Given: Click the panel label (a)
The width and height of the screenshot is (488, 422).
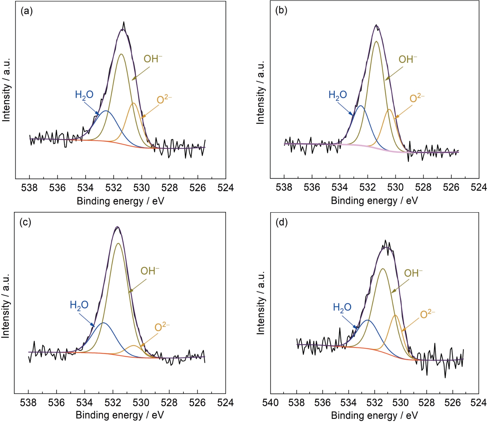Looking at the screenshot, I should (26, 11).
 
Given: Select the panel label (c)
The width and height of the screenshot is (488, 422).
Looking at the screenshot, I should (25, 222).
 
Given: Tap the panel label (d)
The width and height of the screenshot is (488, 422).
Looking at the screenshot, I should (281, 222).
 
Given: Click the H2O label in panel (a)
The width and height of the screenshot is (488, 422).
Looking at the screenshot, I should (84, 95).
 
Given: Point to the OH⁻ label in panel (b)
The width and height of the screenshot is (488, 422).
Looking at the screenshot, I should (408, 59).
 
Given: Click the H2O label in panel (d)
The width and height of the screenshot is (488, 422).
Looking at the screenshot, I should (342, 307).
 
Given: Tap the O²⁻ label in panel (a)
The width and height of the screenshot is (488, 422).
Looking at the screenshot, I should (164, 99).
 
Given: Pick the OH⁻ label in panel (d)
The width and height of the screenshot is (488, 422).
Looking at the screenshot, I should (413, 273).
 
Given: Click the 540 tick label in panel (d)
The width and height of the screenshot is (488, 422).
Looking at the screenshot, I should (270, 403).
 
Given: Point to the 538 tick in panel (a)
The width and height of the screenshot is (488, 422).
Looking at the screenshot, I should (30, 188).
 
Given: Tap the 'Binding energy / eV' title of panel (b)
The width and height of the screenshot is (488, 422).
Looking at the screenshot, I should (374, 201).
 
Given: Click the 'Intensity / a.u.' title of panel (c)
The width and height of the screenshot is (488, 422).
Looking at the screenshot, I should (6, 305).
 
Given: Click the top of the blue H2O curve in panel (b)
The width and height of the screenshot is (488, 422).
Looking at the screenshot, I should (360, 106).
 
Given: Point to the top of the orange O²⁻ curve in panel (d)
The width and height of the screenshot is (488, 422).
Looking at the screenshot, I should (395, 315).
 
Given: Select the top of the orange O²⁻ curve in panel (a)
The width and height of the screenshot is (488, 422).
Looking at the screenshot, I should (133, 103).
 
